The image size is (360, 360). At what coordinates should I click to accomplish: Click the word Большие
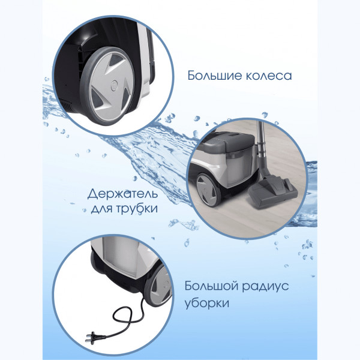click(x=215, y=76)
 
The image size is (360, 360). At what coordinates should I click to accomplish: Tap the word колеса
click(x=269, y=76)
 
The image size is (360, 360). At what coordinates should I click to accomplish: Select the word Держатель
click(x=122, y=194)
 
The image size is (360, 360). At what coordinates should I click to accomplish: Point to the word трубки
click(x=137, y=209)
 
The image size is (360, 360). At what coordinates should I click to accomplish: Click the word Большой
click(x=211, y=286)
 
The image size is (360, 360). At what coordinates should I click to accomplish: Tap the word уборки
click(x=207, y=303)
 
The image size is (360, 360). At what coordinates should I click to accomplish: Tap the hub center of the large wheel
click(x=114, y=85)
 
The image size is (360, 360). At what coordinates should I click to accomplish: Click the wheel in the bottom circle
click(x=158, y=286)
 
